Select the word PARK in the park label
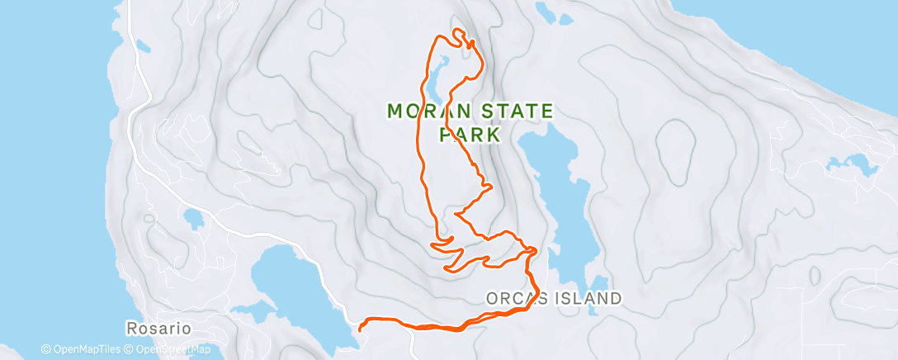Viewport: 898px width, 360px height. pyautogui.click(x=470, y=133)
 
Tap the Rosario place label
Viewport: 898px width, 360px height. pyautogui.click(x=158, y=329)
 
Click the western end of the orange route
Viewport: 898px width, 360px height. pyautogui.click(x=361, y=329)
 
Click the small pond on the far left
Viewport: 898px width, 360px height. pyautogui.click(x=195, y=220)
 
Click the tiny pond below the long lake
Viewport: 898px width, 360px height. pyautogui.click(x=599, y=283)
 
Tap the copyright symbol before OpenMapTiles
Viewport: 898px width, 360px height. pyautogui.click(x=46, y=350)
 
